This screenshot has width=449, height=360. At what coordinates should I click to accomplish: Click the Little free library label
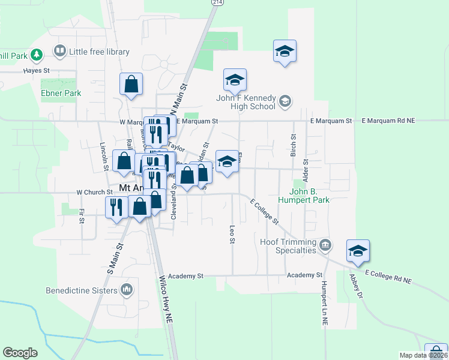pyautogui.click(x=99, y=52)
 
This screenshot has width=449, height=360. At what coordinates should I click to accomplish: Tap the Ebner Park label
pyautogui.click(x=61, y=94)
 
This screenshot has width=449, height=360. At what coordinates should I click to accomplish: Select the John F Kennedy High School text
pyautogui.click(x=247, y=102)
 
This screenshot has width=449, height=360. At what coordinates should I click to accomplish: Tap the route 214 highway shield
pyautogui.click(x=214, y=3)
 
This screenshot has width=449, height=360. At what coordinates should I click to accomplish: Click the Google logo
pyautogui.click(x=20, y=352)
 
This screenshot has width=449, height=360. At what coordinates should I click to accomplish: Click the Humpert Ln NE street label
pyautogui.click(x=324, y=303)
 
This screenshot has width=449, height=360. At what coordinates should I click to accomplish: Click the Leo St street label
pyautogui.click(x=232, y=235)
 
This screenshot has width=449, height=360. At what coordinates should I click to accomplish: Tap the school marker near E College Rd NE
pyautogui.click(x=358, y=252)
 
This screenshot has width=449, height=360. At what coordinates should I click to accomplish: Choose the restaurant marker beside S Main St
pyautogui.click(x=115, y=207)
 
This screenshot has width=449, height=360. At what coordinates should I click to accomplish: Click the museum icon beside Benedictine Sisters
pyautogui.click(x=126, y=290)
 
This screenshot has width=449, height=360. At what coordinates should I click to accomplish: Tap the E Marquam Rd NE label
pyautogui.click(x=389, y=121)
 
